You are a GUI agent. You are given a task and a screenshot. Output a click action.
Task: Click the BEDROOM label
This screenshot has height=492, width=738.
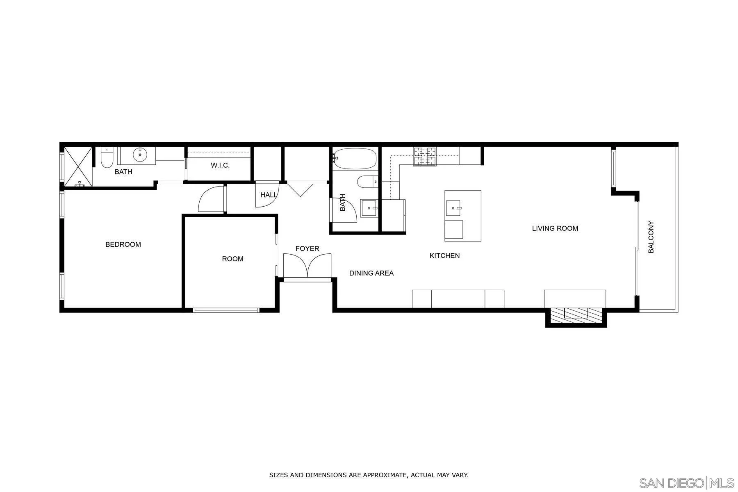click(123, 244)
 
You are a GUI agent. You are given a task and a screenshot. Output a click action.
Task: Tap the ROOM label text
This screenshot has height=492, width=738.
click(232, 259)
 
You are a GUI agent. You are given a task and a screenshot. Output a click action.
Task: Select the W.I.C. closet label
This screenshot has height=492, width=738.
click(220, 165)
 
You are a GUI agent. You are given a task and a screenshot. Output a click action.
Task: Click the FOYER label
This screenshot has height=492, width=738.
click(307, 248)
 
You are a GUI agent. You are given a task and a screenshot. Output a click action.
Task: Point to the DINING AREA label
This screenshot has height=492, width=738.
click(371, 273)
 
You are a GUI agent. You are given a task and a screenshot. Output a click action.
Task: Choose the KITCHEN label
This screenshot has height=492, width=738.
click(444, 255)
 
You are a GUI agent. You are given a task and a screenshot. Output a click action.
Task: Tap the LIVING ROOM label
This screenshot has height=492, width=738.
click(555, 228)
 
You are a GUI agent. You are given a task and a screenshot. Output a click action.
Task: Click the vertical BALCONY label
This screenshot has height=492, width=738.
click(651, 237)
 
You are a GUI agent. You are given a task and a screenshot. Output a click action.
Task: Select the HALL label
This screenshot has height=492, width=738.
click(269, 195)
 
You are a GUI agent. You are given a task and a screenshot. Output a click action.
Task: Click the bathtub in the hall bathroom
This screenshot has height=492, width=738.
click(355, 159)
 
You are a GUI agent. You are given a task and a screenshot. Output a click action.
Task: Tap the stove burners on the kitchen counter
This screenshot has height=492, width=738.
click(425, 156)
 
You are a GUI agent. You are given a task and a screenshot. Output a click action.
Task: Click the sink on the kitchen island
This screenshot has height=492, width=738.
click(453, 208)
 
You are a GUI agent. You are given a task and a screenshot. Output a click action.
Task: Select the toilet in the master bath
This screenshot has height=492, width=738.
click(107, 159)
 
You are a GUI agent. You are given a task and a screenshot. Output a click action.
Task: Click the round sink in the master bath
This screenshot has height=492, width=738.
click(140, 155)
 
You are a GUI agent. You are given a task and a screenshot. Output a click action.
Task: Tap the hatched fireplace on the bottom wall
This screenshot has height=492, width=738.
click(576, 314)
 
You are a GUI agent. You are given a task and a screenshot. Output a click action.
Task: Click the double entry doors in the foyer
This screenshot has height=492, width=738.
click(307, 266)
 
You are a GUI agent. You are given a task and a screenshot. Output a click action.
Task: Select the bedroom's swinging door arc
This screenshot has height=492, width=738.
click(211, 200)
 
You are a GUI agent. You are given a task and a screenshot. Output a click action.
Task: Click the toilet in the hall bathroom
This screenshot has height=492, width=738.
click(367, 182)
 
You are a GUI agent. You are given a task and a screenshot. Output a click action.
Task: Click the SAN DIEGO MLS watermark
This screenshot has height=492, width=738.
click(687, 483)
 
